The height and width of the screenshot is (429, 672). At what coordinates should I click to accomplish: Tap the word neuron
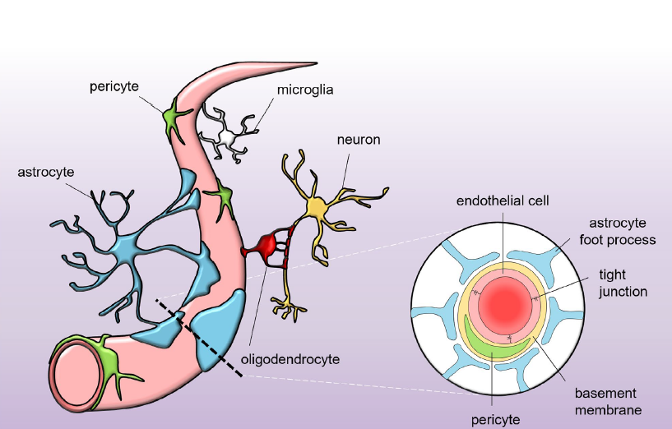[x=358, y=140]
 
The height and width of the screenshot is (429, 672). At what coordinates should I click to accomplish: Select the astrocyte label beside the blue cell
[x=45, y=172]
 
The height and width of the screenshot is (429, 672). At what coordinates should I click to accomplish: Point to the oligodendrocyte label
[x=290, y=359]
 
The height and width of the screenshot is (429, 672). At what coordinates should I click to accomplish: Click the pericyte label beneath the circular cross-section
[x=495, y=420]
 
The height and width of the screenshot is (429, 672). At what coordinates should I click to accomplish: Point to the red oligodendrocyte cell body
[x=266, y=245]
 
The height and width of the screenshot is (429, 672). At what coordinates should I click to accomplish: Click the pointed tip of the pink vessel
[x=313, y=63]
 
